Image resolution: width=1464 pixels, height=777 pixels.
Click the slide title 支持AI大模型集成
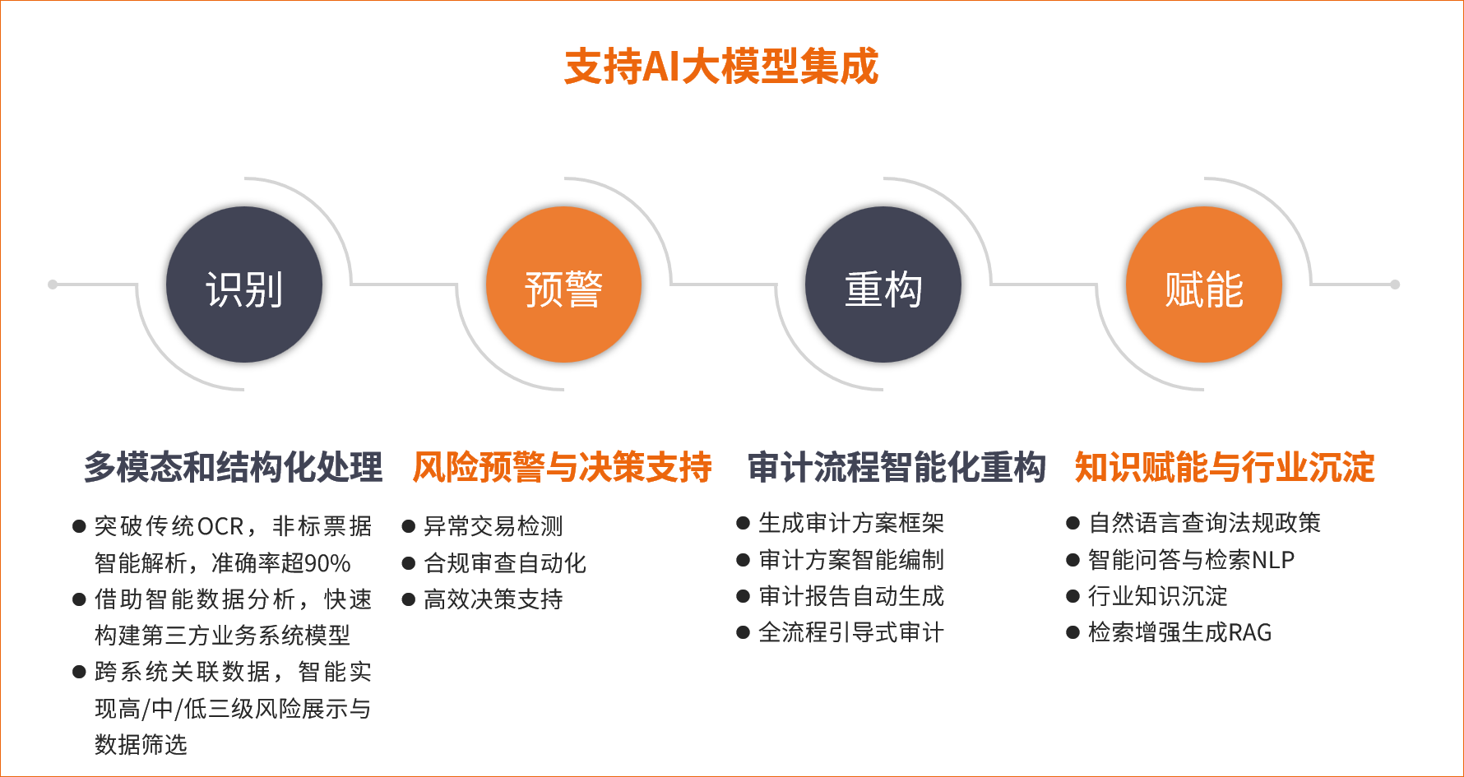pos(721,67)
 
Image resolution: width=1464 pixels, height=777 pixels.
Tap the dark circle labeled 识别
pos(244,284)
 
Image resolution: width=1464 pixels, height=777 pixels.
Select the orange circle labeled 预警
pos(563,284)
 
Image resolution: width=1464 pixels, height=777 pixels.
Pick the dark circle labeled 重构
pos(883,284)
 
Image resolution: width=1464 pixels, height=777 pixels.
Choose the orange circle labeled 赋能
pos(1204,284)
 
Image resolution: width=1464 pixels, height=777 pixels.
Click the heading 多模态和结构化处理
pos(234,467)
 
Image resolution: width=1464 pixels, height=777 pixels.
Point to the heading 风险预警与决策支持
pos(563,467)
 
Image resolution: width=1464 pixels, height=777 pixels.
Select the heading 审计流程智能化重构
pos(896,467)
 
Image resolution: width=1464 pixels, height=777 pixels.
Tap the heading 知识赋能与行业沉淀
pos(1225,467)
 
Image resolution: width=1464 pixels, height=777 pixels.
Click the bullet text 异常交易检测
pos(493,526)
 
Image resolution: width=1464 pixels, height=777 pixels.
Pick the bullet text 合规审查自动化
pos(505,563)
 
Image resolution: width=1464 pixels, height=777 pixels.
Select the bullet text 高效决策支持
pos(493,599)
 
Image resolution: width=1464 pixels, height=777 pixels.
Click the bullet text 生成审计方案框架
pos(851,523)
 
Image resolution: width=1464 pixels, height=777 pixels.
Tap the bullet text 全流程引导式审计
pos(851,632)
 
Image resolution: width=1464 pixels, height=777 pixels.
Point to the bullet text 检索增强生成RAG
pos(1180,632)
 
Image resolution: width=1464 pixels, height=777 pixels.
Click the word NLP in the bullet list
pos(1272,560)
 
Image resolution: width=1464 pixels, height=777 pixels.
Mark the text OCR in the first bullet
pos(220,526)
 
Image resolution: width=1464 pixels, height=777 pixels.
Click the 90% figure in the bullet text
pos(327,563)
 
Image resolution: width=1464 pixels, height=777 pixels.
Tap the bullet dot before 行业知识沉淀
pos(1073,596)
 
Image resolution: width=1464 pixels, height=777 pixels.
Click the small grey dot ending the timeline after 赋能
pos(1395,284)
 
